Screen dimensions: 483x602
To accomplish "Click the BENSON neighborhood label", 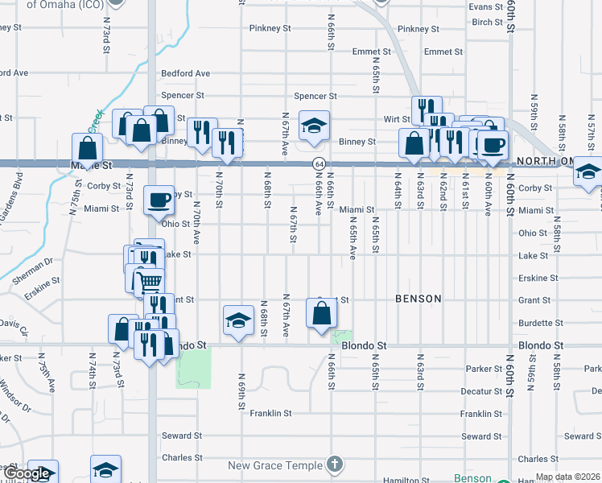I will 419,299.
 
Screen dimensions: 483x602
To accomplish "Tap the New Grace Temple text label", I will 274,465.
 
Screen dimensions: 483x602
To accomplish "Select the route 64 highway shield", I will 319,164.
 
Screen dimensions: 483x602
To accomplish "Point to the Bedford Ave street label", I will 185,73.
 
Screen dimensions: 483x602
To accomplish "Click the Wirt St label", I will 397,119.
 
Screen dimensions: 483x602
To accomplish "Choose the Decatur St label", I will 480,391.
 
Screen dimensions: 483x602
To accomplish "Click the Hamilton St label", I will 402,480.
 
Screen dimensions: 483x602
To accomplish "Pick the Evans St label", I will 485,6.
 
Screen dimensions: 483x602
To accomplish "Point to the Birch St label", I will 488,23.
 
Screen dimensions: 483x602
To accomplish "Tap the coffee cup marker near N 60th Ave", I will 493,143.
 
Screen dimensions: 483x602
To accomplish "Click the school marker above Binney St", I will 314,125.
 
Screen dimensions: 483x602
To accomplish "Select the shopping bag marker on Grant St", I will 321,313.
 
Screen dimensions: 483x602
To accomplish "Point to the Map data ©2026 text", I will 567,477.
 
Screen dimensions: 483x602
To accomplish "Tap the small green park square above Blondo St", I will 344,336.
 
